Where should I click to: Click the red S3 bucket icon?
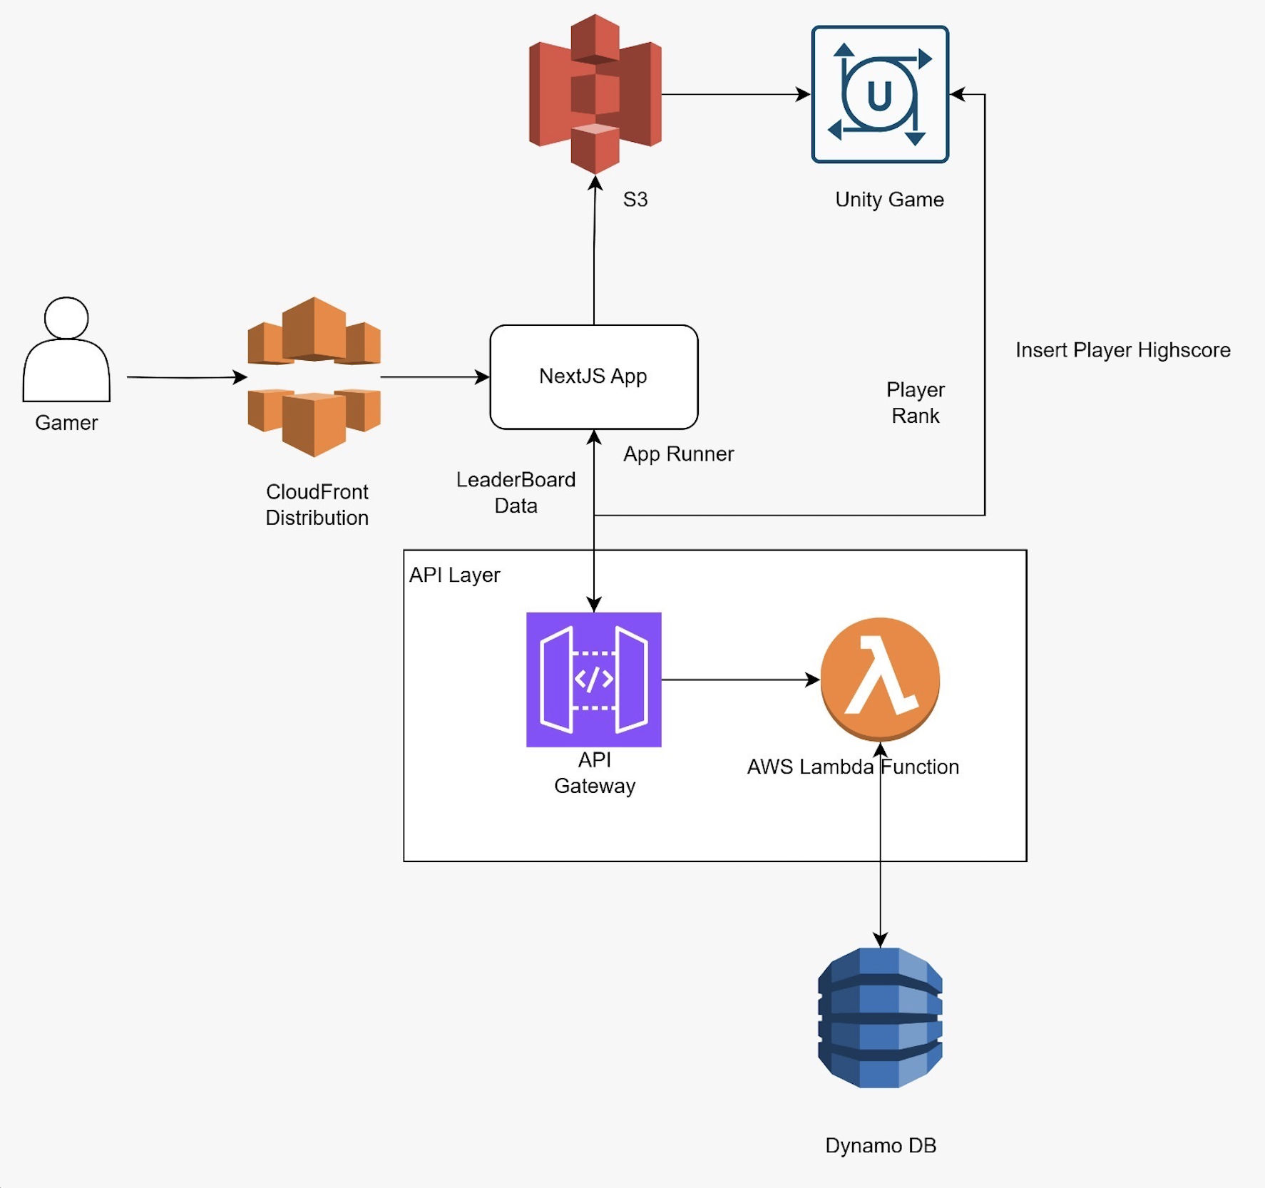[x=595, y=94]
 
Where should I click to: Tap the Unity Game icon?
[x=880, y=94]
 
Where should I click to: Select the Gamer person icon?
[x=66, y=349]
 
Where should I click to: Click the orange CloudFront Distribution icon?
[x=314, y=377]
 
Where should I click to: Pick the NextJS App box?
[x=593, y=377]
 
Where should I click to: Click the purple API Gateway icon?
[x=593, y=679]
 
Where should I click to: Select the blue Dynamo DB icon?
[x=880, y=1018]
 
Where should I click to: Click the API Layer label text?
[x=454, y=575]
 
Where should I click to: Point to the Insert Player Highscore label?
[x=1122, y=350]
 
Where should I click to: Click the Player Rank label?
[x=915, y=403]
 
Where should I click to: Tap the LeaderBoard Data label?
[x=516, y=493]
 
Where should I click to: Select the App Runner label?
[x=678, y=454]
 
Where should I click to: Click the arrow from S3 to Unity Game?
[x=734, y=94]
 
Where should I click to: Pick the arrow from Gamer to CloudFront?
[x=185, y=377]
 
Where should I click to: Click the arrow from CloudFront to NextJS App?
[x=435, y=377]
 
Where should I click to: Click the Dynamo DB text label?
[x=880, y=1145]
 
